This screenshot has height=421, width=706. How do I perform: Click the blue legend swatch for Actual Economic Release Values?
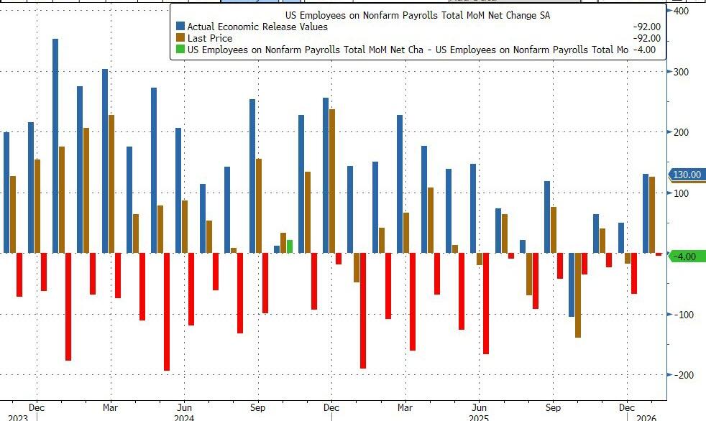pos(180,27)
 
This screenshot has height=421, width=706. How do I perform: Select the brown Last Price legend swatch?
pos(180,38)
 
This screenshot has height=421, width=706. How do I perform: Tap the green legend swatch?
pos(180,50)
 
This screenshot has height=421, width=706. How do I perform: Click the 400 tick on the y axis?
pos(679,11)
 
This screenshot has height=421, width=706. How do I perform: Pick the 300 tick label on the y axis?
pos(679,72)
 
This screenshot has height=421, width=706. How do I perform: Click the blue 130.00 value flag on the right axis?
pos(686,175)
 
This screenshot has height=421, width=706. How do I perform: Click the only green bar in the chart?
pos(290,246)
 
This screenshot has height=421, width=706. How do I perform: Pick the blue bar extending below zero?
pos(572,284)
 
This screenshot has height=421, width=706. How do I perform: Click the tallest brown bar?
pos(332,180)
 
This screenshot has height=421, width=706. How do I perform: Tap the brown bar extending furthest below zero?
pos(577,295)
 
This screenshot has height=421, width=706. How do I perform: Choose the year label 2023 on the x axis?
pos(19,417)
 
